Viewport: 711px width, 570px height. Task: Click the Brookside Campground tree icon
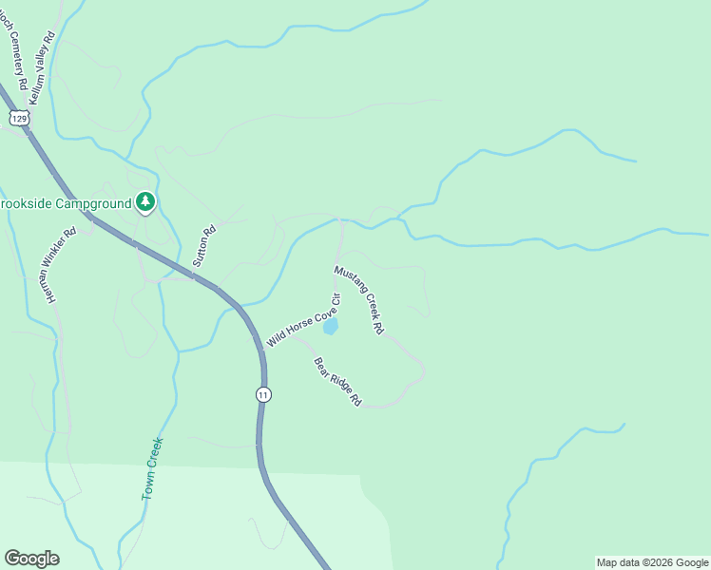pyautogui.click(x=144, y=201)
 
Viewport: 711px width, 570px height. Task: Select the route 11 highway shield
pyautogui.click(x=263, y=394)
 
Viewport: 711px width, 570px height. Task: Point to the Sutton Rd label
pyautogui.click(x=204, y=244)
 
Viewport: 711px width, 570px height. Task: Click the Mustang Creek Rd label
pyautogui.click(x=358, y=299)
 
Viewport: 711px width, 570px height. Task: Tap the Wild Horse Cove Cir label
pyautogui.click(x=303, y=319)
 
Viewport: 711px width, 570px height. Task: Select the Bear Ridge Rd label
pyautogui.click(x=338, y=382)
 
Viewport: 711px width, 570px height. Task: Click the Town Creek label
pyautogui.click(x=153, y=468)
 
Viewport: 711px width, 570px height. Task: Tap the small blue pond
pyautogui.click(x=330, y=327)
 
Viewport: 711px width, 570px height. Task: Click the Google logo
pyautogui.click(x=31, y=559)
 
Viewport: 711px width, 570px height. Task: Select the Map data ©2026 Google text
pyautogui.click(x=653, y=562)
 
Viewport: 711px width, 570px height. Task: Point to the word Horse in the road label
pyautogui.click(x=299, y=322)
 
